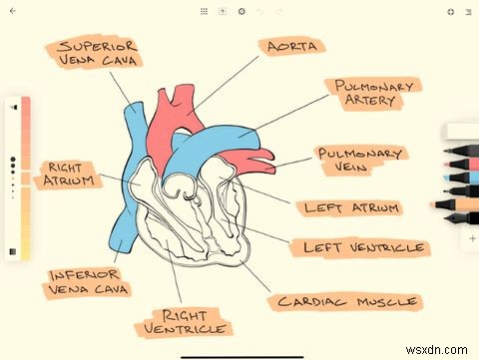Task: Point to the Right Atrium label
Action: tap(68, 175)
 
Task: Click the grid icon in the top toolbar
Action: tap(205, 12)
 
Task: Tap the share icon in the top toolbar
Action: tap(223, 12)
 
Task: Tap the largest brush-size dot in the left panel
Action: tap(13, 160)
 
